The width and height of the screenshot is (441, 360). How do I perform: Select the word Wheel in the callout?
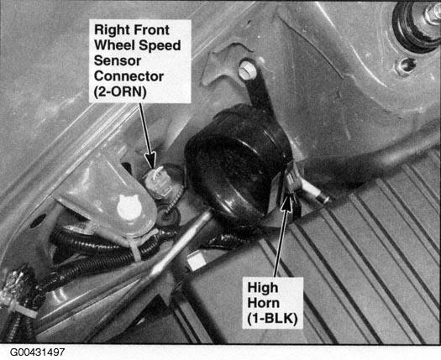click(x=114, y=45)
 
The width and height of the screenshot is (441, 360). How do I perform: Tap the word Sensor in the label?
click(x=118, y=60)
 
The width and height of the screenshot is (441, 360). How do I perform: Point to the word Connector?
click(x=129, y=76)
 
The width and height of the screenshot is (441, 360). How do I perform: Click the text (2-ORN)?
click(x=120, y=92)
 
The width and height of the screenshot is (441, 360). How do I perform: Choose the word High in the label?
click(x=263, y=289)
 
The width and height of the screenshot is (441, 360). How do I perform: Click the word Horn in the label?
click(x=264, y=303)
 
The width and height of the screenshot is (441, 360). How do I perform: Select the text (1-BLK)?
click(x=272, y=319)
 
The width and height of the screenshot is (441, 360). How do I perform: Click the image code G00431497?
click(x=38, y=352)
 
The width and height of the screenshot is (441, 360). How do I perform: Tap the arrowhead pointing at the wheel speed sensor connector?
click(x=151, y=160)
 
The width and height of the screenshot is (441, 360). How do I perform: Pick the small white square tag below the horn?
click(x=195, y=262)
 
